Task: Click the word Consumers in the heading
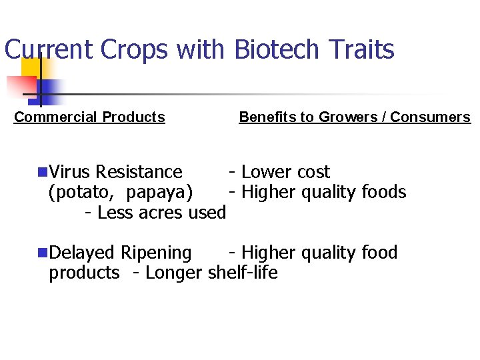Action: tap(430, 117)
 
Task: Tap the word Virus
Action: tap(70, 172)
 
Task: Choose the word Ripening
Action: tap(156, 253)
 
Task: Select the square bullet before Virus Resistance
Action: tap(43, 172)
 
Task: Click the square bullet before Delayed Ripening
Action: tap(43, 253)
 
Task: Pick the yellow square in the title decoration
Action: tap(31, 67)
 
